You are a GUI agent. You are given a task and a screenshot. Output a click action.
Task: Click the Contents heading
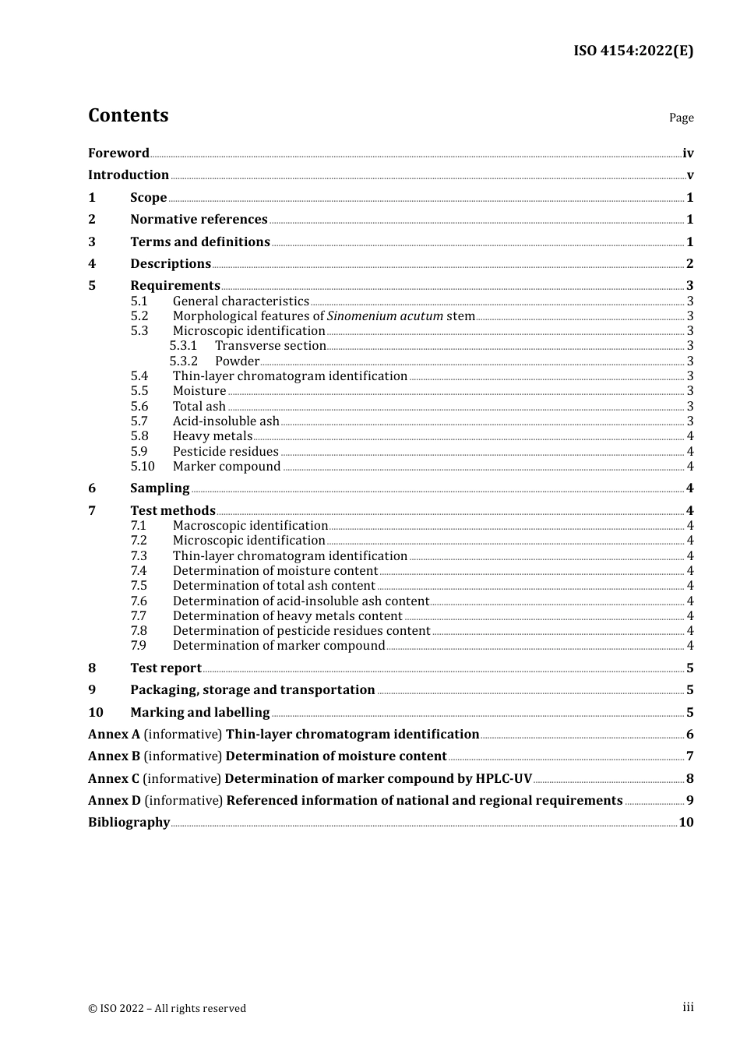click(x=128, y=115)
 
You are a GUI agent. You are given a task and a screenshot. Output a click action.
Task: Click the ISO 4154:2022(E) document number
click(x=633, y=51)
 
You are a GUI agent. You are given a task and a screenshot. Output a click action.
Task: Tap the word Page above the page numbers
click(x=681, y=118)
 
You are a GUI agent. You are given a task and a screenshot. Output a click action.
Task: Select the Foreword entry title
click(x=118, y=153)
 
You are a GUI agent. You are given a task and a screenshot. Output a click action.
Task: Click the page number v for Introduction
click(x=690, y=175)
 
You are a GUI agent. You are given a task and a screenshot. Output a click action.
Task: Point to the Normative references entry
click(x=199, y=220)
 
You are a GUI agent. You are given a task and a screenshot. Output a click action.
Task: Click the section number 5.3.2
click(x=184, y=361)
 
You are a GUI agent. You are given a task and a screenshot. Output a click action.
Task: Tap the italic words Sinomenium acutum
click(x=385, y=316)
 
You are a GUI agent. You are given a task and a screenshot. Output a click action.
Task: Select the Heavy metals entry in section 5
click(x=213, y=436)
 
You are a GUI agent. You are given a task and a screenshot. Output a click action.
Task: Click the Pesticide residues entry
click(x=225, y=452)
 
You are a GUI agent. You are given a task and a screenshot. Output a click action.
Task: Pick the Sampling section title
click(x=160, y=488)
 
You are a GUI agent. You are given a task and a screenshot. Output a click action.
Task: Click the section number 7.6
click(x=139, y=601)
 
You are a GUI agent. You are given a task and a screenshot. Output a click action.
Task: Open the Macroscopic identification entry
click(x=250, y=526)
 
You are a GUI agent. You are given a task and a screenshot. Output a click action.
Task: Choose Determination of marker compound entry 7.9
click(x=279, y=646)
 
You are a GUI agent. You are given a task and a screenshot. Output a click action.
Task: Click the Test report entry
click(x=166, y=668)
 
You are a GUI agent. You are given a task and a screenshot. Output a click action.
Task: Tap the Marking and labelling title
click(x=200, y=713)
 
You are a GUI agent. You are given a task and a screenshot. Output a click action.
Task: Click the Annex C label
click(x=114, y=779)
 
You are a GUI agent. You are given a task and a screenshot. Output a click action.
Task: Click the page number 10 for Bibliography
click(x=685, y=823)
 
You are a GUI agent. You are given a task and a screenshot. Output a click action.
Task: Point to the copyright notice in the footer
click(x=167, y=1009)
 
